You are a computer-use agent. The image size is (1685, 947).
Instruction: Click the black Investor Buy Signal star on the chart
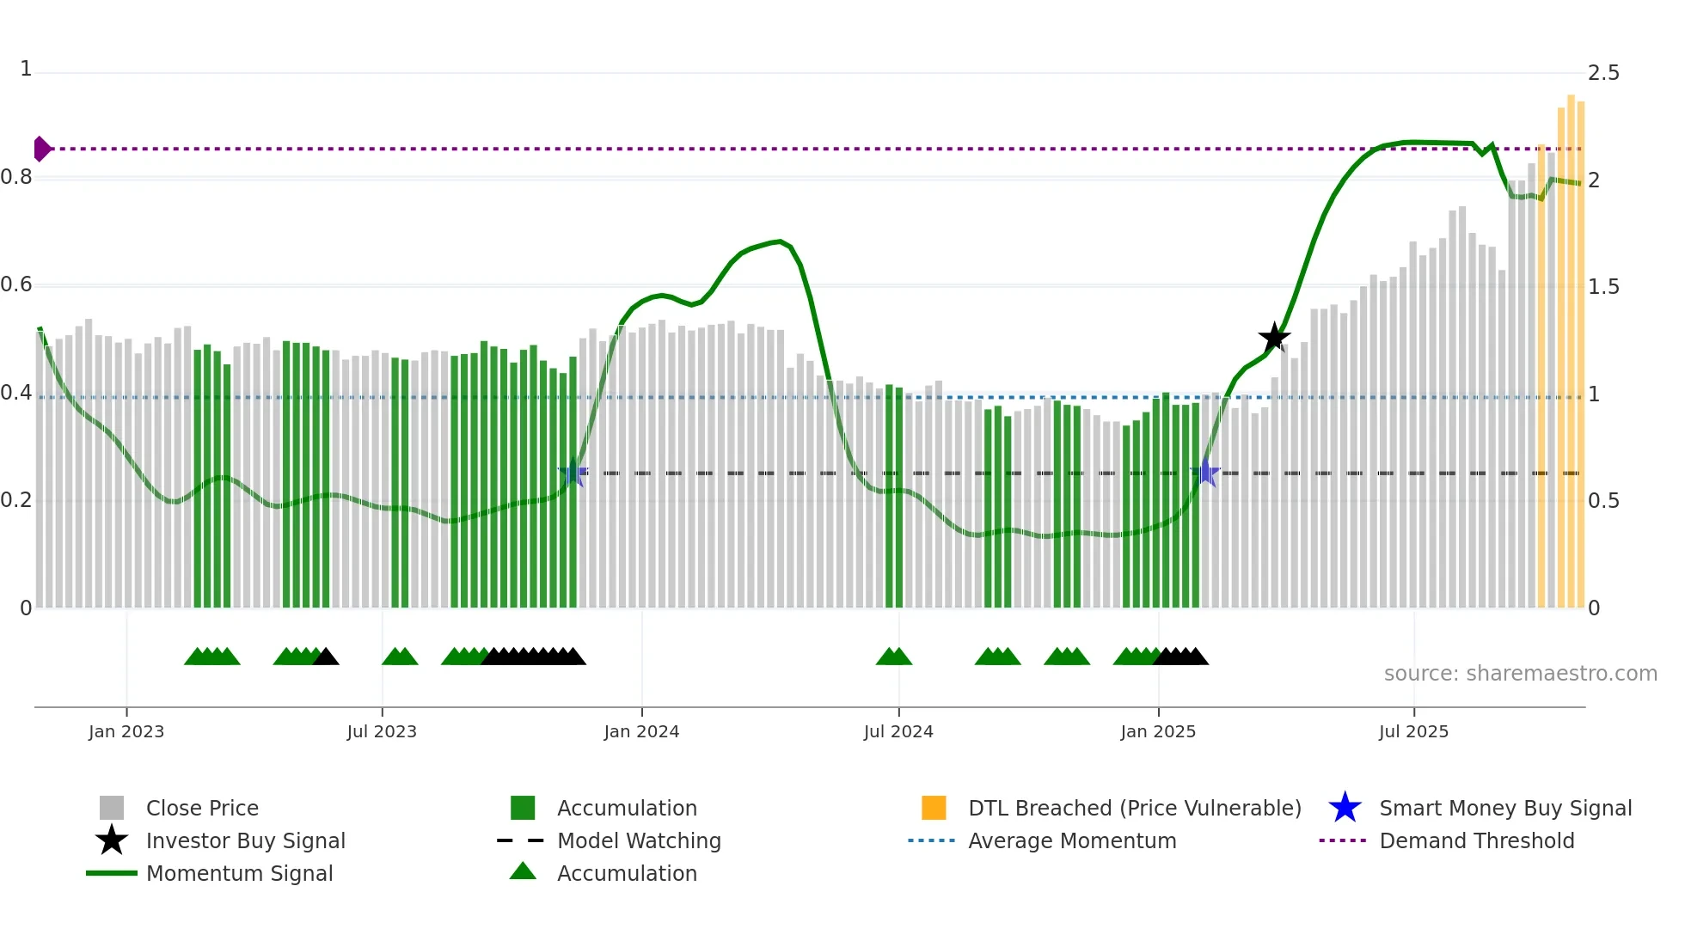(1274, 337)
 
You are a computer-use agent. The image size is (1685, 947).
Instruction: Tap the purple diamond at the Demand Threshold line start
(41, 149)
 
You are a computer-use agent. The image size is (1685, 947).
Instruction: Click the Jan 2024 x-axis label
(641, 731)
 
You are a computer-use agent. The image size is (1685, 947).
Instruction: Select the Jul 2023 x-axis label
(382, 731)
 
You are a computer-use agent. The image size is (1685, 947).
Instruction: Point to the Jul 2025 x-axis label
(1413, 731)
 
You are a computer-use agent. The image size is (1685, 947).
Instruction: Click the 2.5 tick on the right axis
(1603, 73)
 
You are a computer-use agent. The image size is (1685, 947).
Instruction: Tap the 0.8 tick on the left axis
(16, 177)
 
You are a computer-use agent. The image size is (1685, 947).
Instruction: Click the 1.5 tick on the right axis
(1603, 287)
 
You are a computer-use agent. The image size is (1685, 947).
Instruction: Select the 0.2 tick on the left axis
(16, 500)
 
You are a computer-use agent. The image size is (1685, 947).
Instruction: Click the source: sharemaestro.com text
(1520, 674)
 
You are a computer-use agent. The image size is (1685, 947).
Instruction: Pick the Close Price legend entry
(202, 808)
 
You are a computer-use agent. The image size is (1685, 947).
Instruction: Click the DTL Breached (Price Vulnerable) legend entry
(1134, 808)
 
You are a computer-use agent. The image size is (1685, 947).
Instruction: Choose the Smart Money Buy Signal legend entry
(1504, 808)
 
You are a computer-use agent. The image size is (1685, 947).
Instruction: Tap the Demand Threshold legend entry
(1476, 840)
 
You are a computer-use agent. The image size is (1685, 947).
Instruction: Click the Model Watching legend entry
(639, 840)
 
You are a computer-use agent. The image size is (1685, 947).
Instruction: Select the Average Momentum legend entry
(1071, 840)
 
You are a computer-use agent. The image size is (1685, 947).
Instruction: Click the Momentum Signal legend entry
(239, 873)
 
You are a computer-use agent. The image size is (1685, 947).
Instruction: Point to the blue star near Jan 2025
(1206, 473)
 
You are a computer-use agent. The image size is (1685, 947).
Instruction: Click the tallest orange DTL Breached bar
(1571, 344)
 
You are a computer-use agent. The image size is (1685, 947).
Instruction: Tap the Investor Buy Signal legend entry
(245, 840)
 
